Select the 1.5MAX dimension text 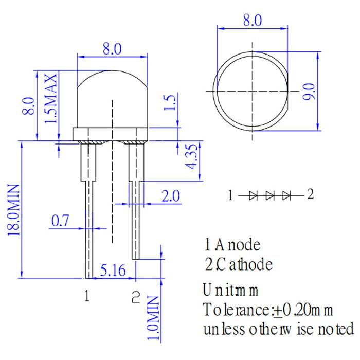click(51, 98)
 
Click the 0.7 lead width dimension click(60, 222)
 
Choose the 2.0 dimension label click(170, 196)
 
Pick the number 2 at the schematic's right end click(310, 194)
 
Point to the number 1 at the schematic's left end click(231, 195)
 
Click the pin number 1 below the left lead click(87, 296)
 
